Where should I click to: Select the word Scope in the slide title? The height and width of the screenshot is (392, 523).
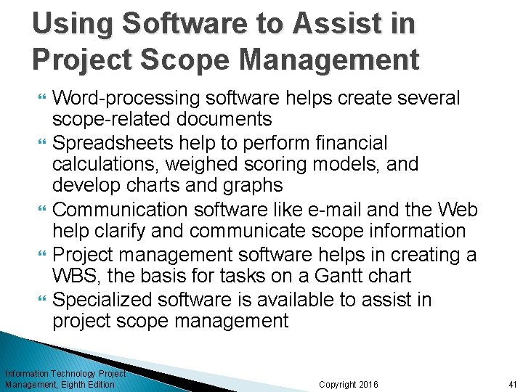pyautogui.click(x=178, y=59)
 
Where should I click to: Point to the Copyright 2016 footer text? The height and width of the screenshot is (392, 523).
pyautogui.click(x=348, y=384)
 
